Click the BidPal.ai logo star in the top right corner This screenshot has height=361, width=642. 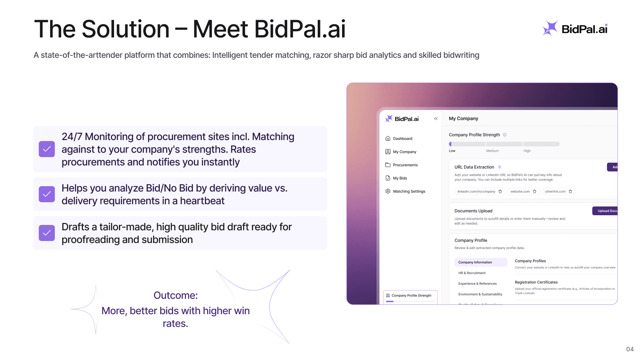pos(550,28)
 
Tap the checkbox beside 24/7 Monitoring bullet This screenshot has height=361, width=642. pos(47,149)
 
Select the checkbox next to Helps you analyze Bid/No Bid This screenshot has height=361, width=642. pos(47,194)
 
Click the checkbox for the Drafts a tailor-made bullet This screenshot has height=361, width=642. pos(47,233)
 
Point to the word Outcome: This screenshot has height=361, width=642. pos(176,295)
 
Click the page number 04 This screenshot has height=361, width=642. pos(630,349)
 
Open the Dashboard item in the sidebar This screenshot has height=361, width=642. pos(402,139)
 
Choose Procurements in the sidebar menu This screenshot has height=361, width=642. pos(405,165)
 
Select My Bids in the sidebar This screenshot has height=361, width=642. pos(400,178)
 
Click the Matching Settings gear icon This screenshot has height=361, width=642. pos(388,191)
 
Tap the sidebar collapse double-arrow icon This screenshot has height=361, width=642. pos(436,119)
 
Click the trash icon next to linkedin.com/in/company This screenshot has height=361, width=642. pos(500,192)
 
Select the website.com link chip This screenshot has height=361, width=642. pos(520,192)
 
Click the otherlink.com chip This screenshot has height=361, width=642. pos(555,192)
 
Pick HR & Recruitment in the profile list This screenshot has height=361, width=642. pos(472,273)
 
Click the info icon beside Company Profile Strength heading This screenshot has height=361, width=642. pos(505,135)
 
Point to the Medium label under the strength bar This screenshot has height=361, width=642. pos(492,151)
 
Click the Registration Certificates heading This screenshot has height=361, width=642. pos(536,282)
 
